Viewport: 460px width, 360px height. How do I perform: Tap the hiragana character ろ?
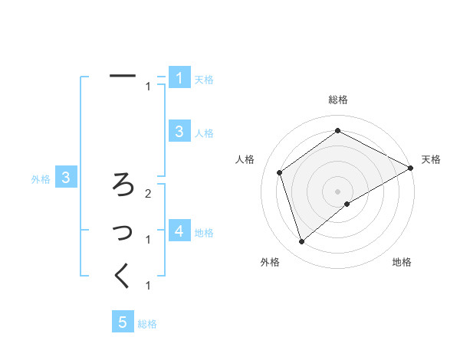(123, 184)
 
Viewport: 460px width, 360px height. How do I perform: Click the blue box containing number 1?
(179, 77)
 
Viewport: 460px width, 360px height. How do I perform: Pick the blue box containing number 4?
(179, 231)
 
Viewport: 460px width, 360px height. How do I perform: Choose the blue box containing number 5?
(123, 322)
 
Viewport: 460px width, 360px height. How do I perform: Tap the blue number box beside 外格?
(66, 178)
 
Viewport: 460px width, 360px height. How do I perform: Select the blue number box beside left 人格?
(179, 131)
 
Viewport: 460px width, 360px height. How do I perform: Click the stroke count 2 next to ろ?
(148, 194)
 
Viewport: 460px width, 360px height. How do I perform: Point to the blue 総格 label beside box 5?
(147, 324)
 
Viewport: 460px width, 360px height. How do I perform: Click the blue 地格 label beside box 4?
(204, 233)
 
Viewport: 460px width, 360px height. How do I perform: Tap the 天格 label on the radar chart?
(431, 159)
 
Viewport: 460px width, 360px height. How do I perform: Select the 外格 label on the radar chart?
(269, 262)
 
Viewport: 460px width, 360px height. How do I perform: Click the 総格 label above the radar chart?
(338, 100)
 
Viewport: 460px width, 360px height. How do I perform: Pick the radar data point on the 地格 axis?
(347, 204)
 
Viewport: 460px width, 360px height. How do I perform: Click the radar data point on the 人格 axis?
(280, 172)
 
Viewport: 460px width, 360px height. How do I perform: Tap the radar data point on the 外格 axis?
(301, 242)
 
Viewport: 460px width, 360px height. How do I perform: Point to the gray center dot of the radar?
(338, 191)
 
